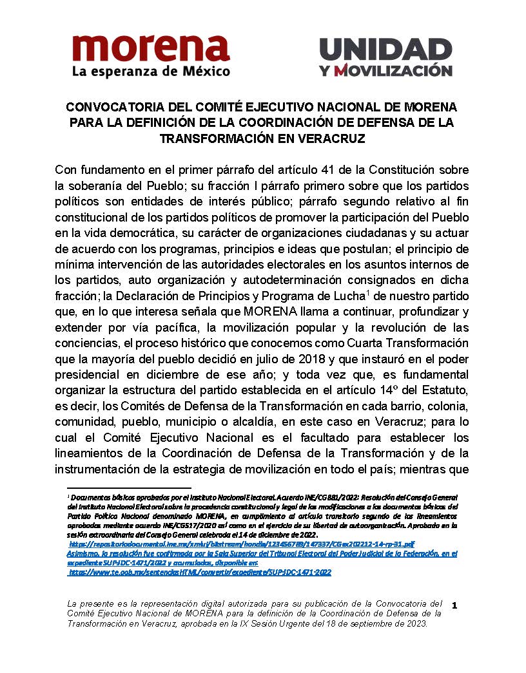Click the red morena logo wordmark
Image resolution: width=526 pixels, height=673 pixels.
point(150,48)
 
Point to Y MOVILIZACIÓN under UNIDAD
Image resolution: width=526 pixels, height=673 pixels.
point(385,70)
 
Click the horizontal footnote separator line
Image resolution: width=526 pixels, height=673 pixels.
point(129,489)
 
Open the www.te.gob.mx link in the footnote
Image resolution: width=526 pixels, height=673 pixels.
point(200,572)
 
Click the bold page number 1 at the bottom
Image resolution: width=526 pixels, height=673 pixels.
point(455,605)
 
